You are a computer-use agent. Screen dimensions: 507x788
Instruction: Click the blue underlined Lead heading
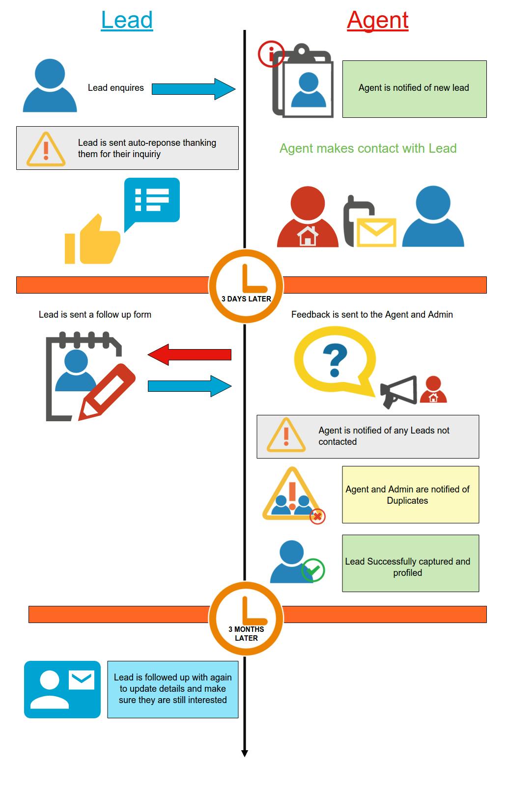click(127, 20)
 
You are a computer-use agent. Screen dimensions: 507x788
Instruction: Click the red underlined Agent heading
click(377, 21)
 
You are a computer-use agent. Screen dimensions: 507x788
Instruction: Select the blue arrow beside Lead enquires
click(193, 89)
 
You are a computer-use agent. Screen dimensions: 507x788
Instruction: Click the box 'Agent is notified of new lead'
click(415, 89)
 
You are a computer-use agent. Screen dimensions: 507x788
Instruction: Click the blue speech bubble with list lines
click(152, 203)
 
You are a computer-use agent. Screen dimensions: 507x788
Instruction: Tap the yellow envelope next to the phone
click(376, 232)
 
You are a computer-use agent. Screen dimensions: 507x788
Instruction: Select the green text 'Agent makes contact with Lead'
click(368, 148)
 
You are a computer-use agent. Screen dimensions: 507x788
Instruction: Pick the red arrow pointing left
click(190, 354)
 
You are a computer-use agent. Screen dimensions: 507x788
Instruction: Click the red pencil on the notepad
click(107, 392)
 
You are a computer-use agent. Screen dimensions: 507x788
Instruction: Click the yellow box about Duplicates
click(411, 494)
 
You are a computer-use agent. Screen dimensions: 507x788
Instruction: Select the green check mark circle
click(313, 570)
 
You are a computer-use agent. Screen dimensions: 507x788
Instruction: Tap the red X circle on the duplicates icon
click(317, 516)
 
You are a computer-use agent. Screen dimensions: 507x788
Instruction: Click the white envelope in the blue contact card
click(82, 679)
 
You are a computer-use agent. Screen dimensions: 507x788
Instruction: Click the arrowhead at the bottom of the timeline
click(245, 753)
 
